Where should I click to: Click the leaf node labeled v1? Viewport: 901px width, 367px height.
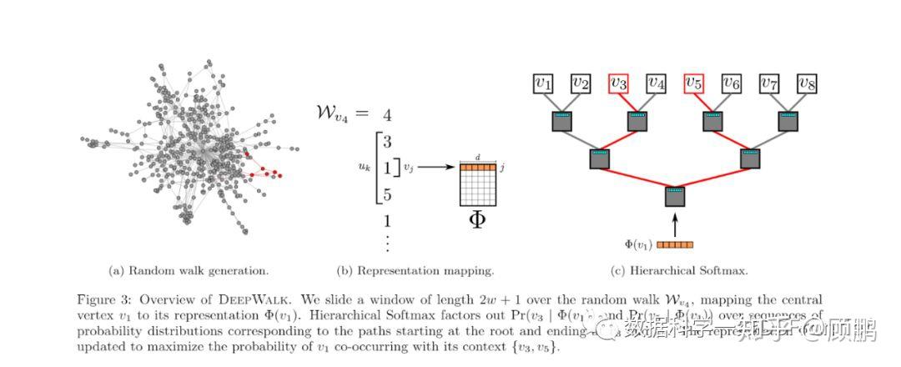coord(543,83)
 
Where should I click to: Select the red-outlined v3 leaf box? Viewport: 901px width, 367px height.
coord(618,83)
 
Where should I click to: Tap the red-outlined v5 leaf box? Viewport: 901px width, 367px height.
coord(693,83)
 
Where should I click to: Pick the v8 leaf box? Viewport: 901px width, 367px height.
coord(806,83)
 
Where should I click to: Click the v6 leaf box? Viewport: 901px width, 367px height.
coord(731,83)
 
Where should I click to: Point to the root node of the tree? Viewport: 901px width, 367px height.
coord(675,198)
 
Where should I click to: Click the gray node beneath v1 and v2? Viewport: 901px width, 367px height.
coord(562,122)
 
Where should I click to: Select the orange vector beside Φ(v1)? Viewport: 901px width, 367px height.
coord(675,245)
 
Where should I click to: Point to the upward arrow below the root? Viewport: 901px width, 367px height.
coord(675,224)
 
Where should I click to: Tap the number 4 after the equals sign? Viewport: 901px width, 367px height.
coord(387,115)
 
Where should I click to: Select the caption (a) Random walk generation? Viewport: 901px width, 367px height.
coord(189,270)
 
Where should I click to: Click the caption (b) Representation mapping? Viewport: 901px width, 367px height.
coord(415,270)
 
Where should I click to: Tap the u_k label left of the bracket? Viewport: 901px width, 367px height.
coord(365,168)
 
